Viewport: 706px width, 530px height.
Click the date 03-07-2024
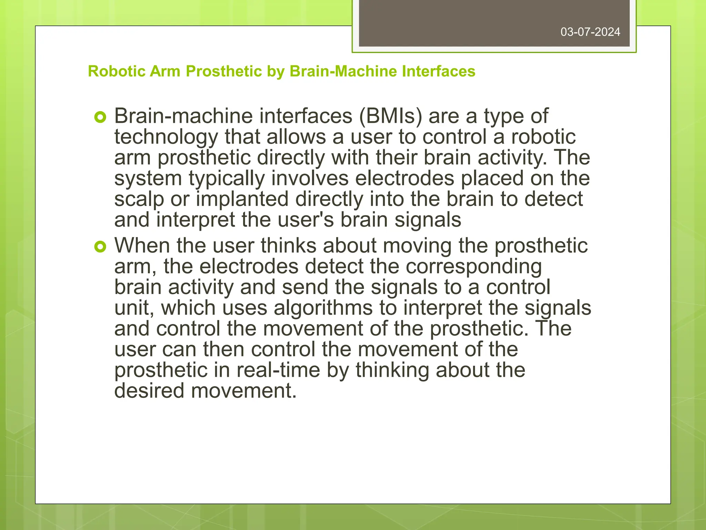point(590,32)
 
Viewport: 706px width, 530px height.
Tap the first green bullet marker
point(100,118)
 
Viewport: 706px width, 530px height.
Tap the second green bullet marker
point(100,247)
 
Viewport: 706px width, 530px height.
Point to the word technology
point(166,137)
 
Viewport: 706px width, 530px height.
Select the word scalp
point(139,199)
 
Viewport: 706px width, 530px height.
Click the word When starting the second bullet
point(142,246)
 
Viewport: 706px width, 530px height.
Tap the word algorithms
point(323,308)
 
